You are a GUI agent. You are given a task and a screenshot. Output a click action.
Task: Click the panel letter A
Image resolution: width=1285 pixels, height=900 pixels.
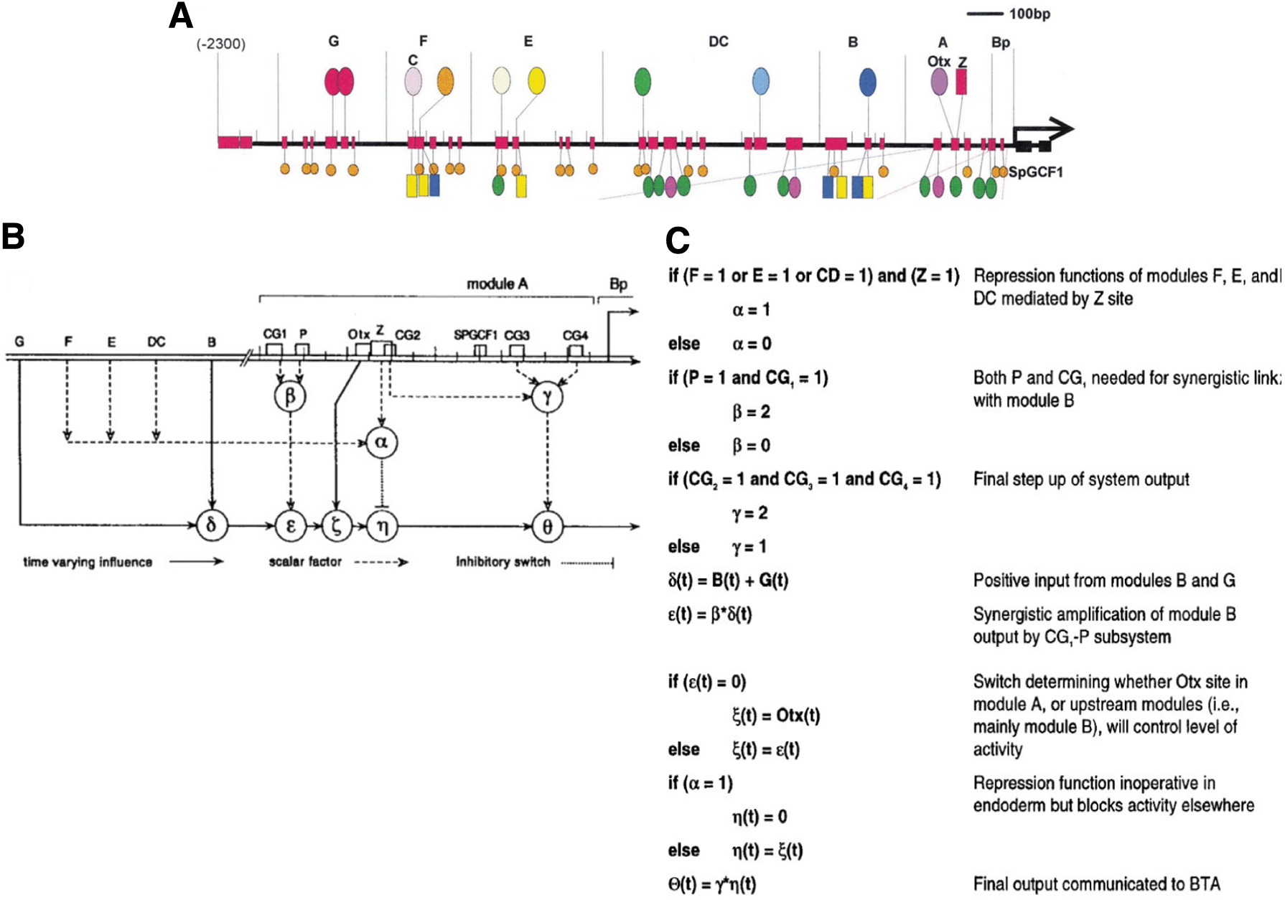tap(181, 16)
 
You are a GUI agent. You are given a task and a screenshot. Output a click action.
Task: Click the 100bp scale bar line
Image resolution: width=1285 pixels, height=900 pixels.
tap(985, 14)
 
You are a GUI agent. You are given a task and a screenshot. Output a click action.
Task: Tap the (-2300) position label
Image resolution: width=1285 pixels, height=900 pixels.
tap(221, 44)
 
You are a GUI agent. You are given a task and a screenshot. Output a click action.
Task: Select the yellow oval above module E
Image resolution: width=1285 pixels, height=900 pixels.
tap(536, 81)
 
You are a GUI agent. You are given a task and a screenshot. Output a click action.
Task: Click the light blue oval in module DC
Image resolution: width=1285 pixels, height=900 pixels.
tap(761, 81)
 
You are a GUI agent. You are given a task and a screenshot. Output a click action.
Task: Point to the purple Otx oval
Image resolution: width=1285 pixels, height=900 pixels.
tap(939, 82)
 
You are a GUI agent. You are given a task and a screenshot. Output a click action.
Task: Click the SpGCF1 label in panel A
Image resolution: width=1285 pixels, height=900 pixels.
tap(1035, 172)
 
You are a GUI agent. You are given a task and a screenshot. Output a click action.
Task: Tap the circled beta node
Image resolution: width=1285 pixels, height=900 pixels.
tap(290, 396)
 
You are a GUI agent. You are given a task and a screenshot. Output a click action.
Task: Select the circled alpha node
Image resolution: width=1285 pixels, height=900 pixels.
tap(381, 443)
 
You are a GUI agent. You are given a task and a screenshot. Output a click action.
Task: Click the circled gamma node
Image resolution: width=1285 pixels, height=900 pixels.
tap(547, 396)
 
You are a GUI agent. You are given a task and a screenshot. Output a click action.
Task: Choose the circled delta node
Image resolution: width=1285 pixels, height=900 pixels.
tap(211, 525)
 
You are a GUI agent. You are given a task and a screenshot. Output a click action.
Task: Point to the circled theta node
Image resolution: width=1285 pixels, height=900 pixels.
tap(547, 527)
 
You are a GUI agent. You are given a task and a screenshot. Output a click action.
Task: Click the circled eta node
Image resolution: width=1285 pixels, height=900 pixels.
tap(382, 527)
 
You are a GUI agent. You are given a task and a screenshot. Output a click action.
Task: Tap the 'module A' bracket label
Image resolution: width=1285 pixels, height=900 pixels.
tap(497, 284)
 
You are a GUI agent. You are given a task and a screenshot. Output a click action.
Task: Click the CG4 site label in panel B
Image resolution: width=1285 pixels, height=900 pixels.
tap(575, 335)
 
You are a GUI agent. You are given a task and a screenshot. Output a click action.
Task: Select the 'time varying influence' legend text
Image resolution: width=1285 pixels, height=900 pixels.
tap(88, 562)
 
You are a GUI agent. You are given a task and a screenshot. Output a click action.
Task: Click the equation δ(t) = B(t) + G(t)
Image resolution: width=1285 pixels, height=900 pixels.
tap(728, 581)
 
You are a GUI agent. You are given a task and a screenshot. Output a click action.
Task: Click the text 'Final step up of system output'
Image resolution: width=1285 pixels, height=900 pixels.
tap(1081, 479)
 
